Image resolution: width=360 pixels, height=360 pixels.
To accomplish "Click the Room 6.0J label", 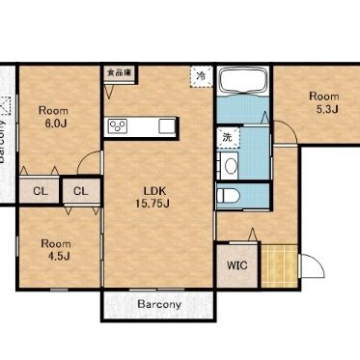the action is point(53,117).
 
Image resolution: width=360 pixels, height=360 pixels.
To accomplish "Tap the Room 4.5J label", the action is point(56,250).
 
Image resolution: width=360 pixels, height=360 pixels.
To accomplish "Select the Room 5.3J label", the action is point(324,102).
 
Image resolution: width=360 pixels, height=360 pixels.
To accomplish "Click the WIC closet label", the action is point(237,265).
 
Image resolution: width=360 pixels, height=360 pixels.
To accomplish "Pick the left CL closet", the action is point(40,191).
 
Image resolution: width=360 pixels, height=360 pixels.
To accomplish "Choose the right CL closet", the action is point(82,191).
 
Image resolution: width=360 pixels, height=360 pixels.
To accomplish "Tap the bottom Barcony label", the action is point(159,304).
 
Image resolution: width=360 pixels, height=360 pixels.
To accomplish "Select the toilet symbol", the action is point(228,196).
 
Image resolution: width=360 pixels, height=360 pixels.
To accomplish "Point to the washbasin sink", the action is point(231,166).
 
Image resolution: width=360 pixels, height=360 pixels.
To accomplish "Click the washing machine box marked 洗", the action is point(228,138).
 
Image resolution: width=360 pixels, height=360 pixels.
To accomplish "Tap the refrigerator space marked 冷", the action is point(202,76).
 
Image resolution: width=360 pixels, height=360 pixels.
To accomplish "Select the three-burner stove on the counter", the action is point(118,125).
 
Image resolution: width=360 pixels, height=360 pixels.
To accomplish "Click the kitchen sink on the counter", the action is point(167,125).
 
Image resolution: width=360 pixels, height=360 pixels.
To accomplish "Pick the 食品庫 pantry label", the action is point(119,72).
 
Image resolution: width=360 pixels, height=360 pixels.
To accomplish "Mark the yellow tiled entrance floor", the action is point(279,266).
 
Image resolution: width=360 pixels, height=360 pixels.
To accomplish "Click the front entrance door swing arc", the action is point(317,260).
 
